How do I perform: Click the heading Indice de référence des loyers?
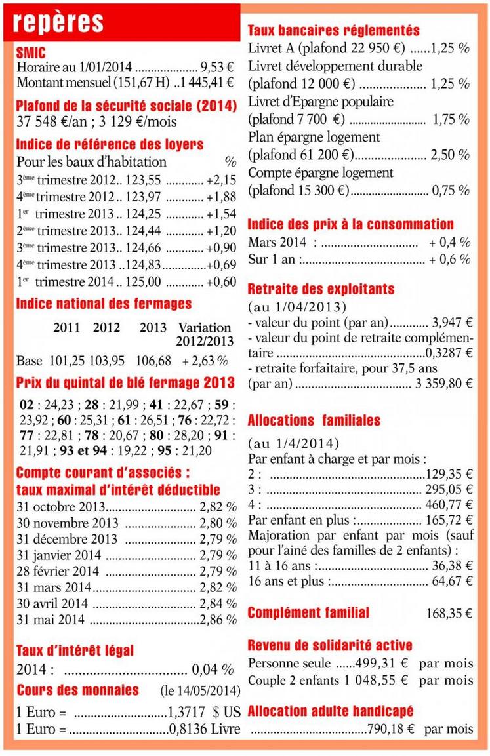pyautogui.click(x=110, y=144)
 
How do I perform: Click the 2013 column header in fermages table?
pyautogui.click(x=153, y=327)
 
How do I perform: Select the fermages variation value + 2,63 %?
pyautogui.click(x=205, y=361)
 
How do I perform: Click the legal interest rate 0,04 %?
pyautogui.click(x=213, y=670)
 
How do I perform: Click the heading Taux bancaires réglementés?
pyautogui.click(x=333, y=31)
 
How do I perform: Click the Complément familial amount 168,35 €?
pyautogui.click(x=449, y=614)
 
